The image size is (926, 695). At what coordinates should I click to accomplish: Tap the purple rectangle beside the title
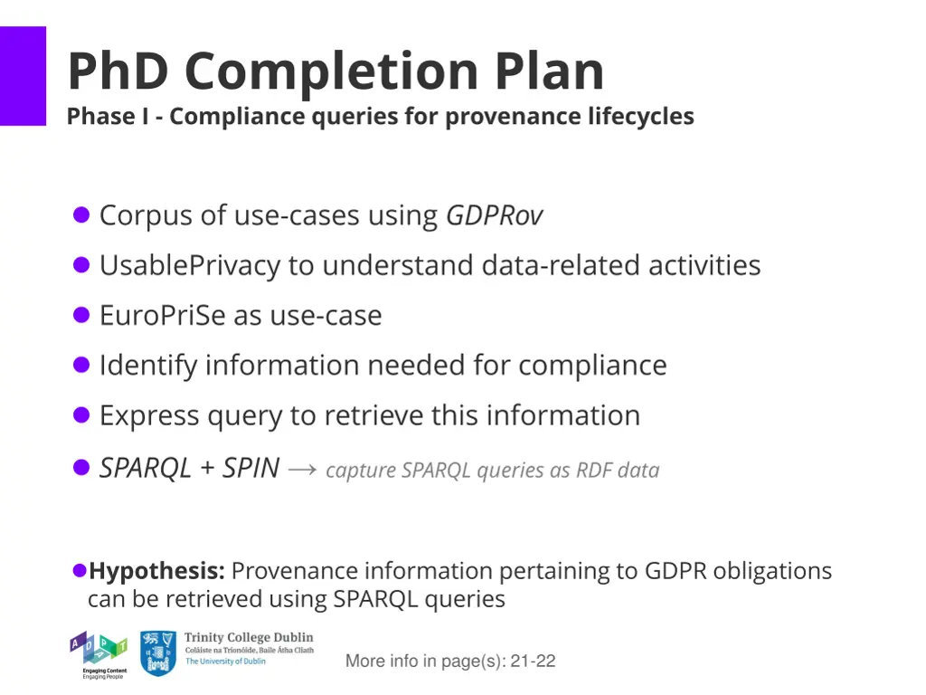(23, 76)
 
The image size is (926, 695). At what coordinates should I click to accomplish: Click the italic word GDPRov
(495, 215)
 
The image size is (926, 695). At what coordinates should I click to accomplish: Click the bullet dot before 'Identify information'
(81, 366)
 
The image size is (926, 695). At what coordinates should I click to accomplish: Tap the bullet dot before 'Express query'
(81, 415)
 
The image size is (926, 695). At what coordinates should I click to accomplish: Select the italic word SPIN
(250, 468)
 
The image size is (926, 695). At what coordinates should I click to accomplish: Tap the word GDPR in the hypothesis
(676, 571)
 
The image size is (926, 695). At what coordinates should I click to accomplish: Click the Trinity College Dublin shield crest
(158, 653)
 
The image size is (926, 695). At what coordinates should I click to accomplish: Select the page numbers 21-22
(533, 662)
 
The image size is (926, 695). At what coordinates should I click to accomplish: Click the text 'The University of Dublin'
(226, 662)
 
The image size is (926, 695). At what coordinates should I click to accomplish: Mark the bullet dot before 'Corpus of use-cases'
(81, 215)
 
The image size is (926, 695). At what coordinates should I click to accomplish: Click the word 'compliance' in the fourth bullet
(592, 366)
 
